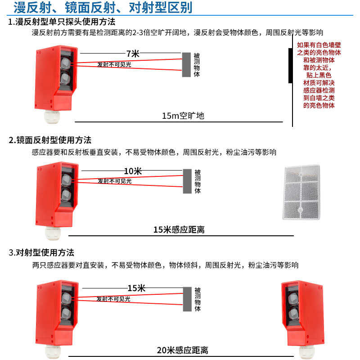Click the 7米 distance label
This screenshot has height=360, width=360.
click(133, 54)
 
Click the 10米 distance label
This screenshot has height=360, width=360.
click(133, 171)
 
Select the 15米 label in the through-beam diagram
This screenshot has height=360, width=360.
click(136, 288)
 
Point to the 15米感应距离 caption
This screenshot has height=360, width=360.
click(179, 229)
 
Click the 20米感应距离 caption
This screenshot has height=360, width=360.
click(182, 350)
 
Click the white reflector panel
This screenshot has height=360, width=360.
click(301, 193)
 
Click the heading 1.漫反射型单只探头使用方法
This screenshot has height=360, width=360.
click(62, 22)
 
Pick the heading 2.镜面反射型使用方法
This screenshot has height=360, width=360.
click(50, 140)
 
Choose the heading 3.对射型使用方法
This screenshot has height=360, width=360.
click(41, 252)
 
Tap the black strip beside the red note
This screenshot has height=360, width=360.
click(290, 65)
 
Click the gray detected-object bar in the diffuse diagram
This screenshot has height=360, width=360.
click(186, 65)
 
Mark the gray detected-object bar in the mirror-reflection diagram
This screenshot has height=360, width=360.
click(187, 181)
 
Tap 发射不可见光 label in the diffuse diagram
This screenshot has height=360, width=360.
click(114, 64)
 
